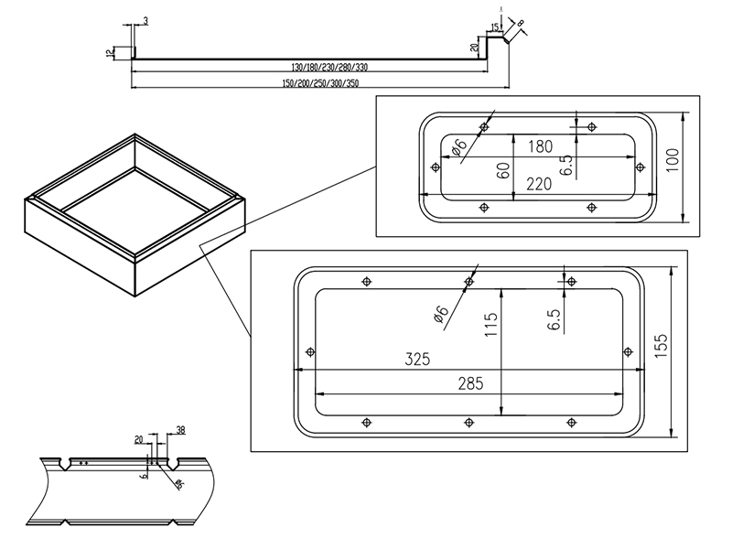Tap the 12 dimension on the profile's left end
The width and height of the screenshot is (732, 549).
point(110,53)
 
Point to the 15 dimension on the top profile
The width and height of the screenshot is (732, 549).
point(494,27)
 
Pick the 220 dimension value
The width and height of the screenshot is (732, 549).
point(540,184)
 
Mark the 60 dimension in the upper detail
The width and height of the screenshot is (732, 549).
point(502,169)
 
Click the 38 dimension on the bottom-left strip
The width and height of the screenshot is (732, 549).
point(179,429)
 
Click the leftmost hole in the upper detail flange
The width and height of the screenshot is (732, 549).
point(434,167)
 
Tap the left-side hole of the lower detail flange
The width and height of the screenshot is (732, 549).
point(309,351)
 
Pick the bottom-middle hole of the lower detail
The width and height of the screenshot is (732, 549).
point(469,422)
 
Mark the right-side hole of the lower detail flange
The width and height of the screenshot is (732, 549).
point(628,351)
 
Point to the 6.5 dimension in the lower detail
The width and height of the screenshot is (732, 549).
point(553,319)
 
